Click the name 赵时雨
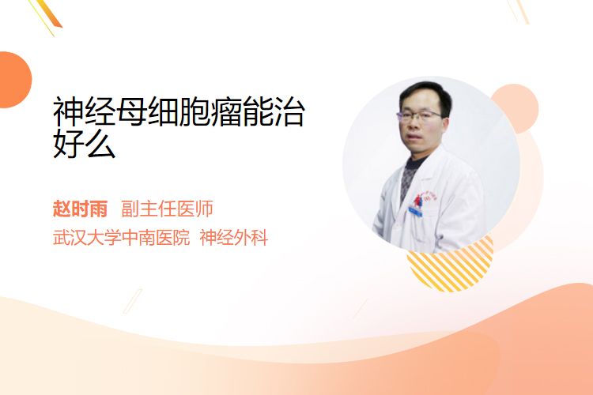coord(80,209)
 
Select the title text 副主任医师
coord(167,209)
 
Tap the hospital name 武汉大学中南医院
coord(121,238)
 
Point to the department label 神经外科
coord(234,238)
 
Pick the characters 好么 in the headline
coord(84,143)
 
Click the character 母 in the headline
coord(131,111)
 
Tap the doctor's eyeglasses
coord(418,115)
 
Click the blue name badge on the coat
coord(416,211)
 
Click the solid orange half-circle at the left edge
coord(14,80)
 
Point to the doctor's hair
coord(425,92)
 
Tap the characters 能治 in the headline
coord(274,111)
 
